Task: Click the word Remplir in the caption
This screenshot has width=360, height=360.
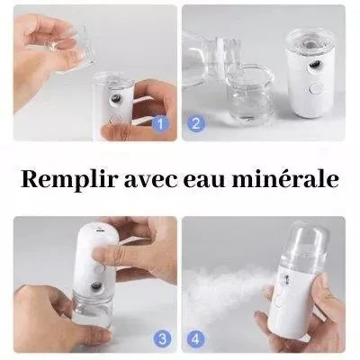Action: [x=68, y=179]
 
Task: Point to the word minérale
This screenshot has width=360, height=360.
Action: [x=286, y=179]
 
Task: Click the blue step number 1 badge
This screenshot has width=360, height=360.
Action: [x=161, y=123]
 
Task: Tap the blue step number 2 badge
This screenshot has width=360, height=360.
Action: [x=196, y=123]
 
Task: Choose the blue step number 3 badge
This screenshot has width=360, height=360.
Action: [x=163, y=339]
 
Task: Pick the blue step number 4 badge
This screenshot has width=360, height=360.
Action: [x=196, y=339]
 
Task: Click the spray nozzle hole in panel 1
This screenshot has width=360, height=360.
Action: [x=115, y=99]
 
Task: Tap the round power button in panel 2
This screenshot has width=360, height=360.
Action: [x=314, y=88]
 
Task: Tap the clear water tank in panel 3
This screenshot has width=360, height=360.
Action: [x=92, y=312]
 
